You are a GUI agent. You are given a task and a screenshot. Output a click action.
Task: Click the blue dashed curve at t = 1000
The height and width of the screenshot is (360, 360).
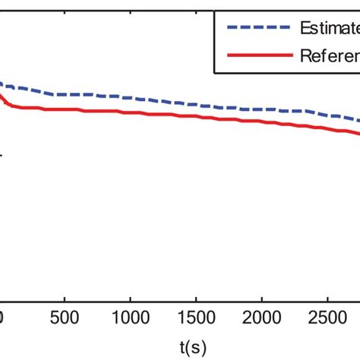pos(131,97)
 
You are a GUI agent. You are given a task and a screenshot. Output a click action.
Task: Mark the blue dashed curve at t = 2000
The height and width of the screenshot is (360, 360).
pos(261,109)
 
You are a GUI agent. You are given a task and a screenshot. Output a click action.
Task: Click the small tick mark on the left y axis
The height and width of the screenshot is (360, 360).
pos(3,156)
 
